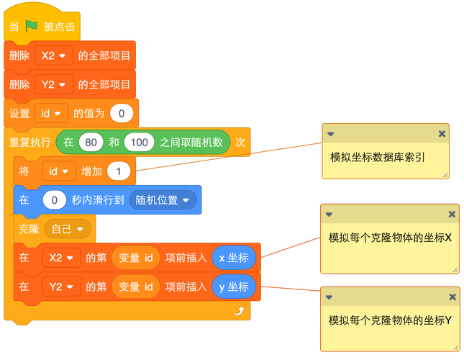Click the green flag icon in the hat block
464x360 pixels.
(x=31, y=27)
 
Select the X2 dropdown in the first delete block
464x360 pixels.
(x=53, y=55)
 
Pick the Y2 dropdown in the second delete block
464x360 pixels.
(x=53, y=84)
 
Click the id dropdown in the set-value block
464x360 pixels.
(x=52, y=113)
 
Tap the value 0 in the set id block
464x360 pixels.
(x=122, y=113)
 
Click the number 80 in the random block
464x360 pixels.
(x=91, y=142)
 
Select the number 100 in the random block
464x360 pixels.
(x=139, y=142)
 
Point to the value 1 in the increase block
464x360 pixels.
(x=119, y=171)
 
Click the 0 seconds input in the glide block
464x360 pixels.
(x=54, y=200)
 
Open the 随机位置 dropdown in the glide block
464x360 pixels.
(x=163, y=200)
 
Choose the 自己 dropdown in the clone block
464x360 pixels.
(x=68, y=228)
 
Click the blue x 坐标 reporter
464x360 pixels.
(x=234, y=258)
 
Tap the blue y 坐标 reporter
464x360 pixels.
(x=234, y=287)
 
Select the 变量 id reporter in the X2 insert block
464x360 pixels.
(x=136, y=258)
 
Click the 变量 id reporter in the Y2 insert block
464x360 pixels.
(x=136, y=287)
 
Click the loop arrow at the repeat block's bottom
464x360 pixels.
(x=239, y=311)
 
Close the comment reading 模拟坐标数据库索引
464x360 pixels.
(x=442, y=134)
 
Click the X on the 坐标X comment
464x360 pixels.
(x=452, y=214)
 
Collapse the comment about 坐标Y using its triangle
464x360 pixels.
(x=329, y=297)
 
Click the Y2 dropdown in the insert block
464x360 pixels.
(x=61, y=287)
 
